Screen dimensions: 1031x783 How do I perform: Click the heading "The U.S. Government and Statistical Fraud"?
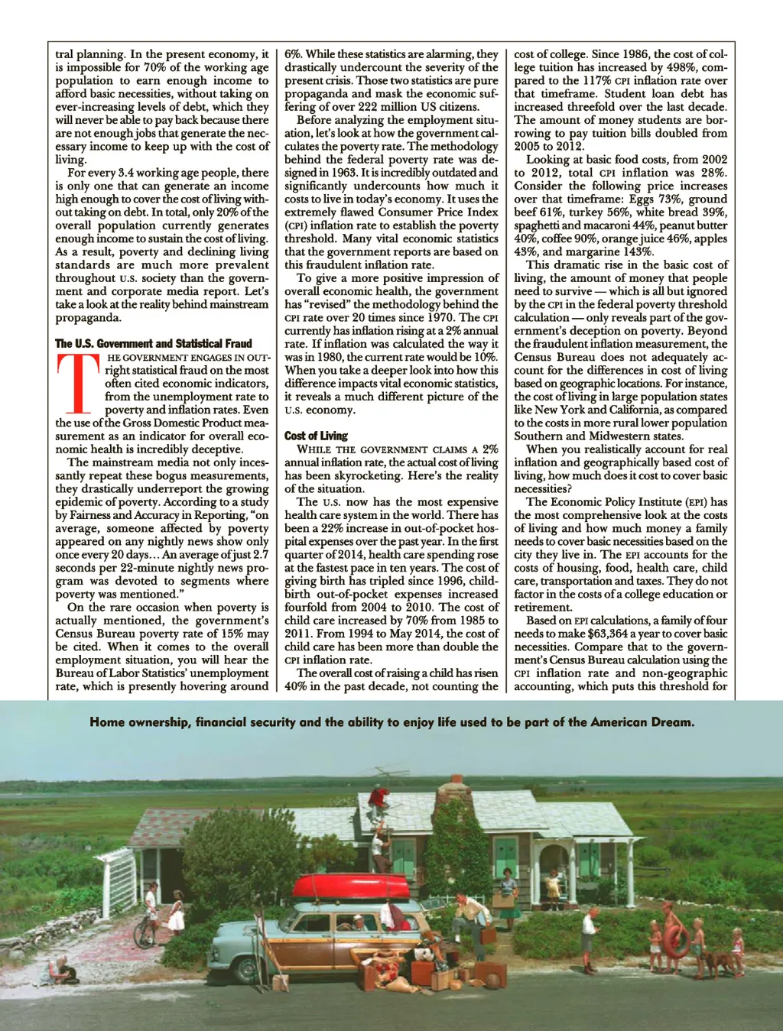point(153,344)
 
